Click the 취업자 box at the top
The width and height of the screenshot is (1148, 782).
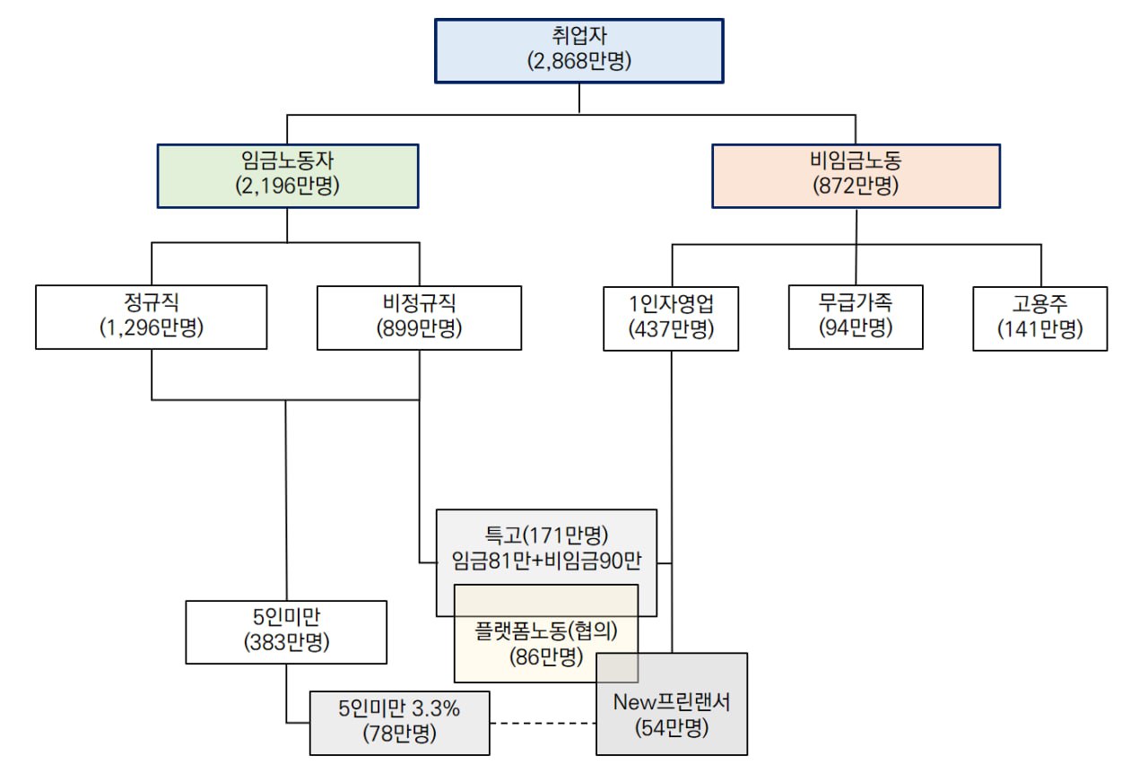click(579, 50)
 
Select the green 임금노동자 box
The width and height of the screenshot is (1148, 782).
click(287, 175)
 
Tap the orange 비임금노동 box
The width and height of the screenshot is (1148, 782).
click(856, 175)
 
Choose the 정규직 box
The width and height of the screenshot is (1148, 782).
click(152, 317)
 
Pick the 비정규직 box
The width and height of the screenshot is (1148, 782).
click(419, 317)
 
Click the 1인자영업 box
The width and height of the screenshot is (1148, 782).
click(671, 317)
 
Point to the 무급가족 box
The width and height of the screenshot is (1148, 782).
click(856, 317)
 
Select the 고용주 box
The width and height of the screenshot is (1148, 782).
click(1040, 317)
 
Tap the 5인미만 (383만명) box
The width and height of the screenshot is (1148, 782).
click(286, 631)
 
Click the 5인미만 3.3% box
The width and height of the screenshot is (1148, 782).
click(400, 722)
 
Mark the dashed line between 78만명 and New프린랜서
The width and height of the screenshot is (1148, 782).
click(543, 723)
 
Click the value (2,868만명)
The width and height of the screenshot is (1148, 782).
click(579, 62)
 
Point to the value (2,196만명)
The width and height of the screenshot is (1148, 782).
click(287, 187)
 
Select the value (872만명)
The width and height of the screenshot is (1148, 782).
click(856, 187)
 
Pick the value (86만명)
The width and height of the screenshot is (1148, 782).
click(546, 656)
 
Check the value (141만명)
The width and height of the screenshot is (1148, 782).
click(1040, 329)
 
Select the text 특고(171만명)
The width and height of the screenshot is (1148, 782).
click(547, 536)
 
